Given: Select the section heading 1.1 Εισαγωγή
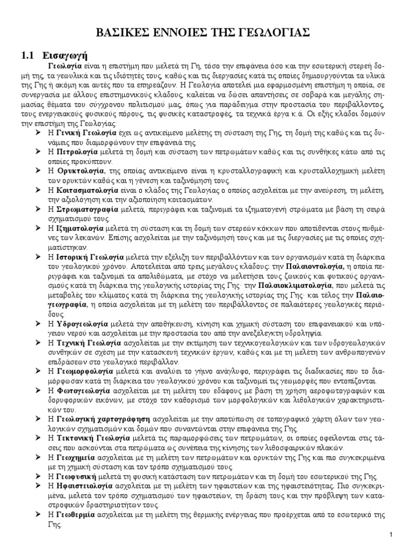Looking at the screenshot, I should (57, 55).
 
